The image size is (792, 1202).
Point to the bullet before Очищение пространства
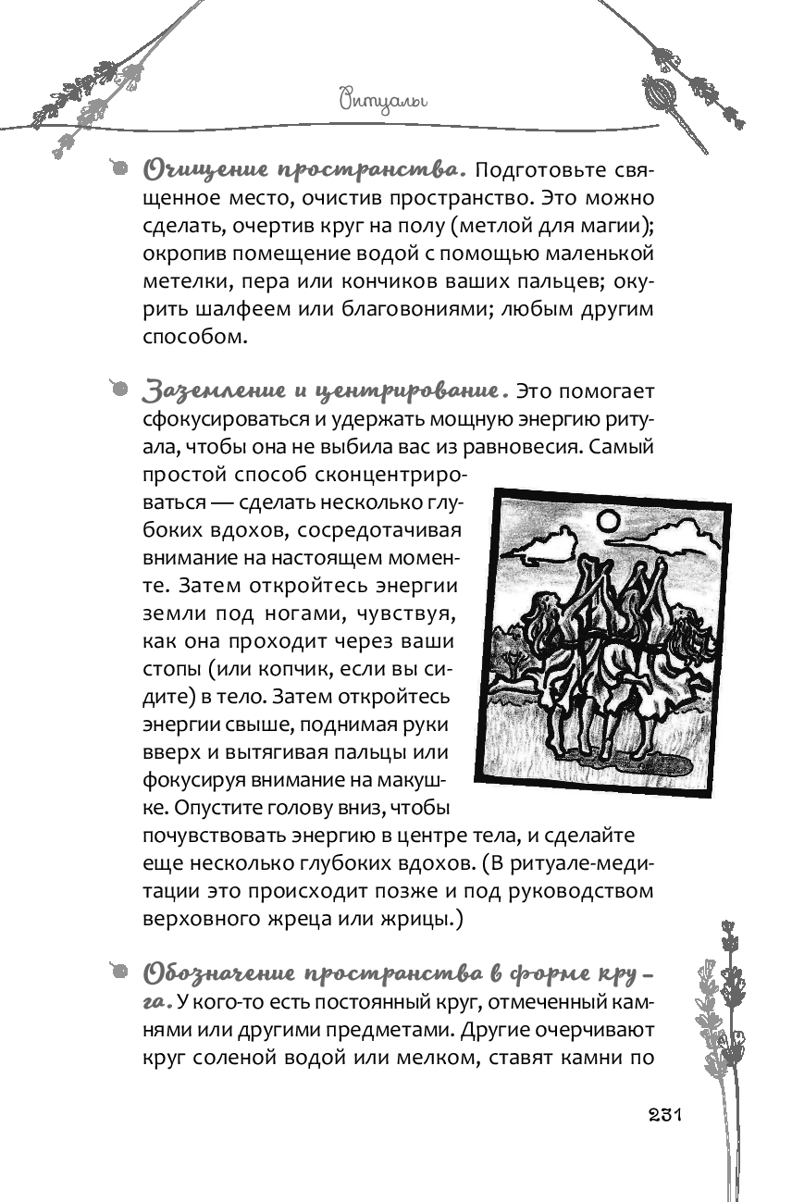point(117,168)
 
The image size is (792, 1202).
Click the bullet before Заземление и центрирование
point(117,389)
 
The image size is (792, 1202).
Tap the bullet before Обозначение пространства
point(117,972)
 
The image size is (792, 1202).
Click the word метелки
point(182,280)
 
